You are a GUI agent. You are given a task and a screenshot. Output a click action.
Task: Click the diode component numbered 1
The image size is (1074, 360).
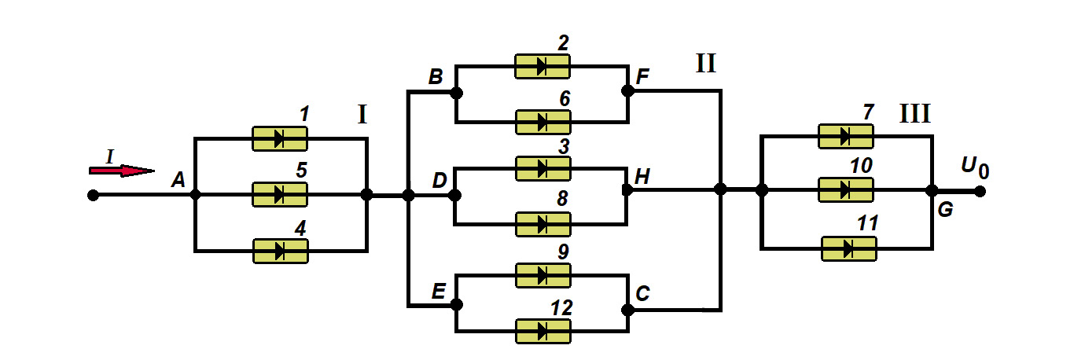(279, 138)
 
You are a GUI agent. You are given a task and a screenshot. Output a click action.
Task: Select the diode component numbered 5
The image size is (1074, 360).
(279, 194)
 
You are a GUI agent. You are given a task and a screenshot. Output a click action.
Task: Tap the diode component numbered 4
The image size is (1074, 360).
(280, 251)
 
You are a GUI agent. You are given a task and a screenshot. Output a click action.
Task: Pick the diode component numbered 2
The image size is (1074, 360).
(543, 66)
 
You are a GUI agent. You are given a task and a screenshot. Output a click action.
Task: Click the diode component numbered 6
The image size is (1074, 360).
(543, 122)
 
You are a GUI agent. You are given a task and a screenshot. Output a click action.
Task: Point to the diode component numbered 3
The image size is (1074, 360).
(543, 167)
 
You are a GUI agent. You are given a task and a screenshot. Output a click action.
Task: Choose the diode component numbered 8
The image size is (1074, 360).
(543, 224)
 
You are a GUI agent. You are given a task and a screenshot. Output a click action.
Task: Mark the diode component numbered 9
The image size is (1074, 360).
(543, 275)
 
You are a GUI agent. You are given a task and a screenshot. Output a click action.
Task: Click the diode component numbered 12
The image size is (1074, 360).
(543, 331)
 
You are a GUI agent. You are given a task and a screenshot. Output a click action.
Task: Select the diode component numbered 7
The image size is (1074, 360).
(846, 136)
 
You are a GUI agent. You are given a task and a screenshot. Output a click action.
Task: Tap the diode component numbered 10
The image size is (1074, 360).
(846, 189)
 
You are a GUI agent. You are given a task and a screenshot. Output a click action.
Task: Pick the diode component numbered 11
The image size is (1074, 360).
(848, 248)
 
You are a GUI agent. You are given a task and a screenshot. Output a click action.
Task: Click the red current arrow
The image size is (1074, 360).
(122, 170)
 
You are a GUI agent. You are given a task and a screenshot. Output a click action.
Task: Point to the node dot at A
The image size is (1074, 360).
(194, 194)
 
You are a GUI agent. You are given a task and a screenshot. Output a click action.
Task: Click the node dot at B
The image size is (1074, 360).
(456, 92)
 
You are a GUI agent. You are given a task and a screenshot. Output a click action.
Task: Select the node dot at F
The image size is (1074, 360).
(627, 91)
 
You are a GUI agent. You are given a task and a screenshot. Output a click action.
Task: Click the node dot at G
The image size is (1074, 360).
(932, 190)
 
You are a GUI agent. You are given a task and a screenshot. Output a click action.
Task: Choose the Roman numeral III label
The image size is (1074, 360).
(915, 115)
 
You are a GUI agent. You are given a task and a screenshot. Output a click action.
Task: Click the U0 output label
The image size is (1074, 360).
(973, 167)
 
